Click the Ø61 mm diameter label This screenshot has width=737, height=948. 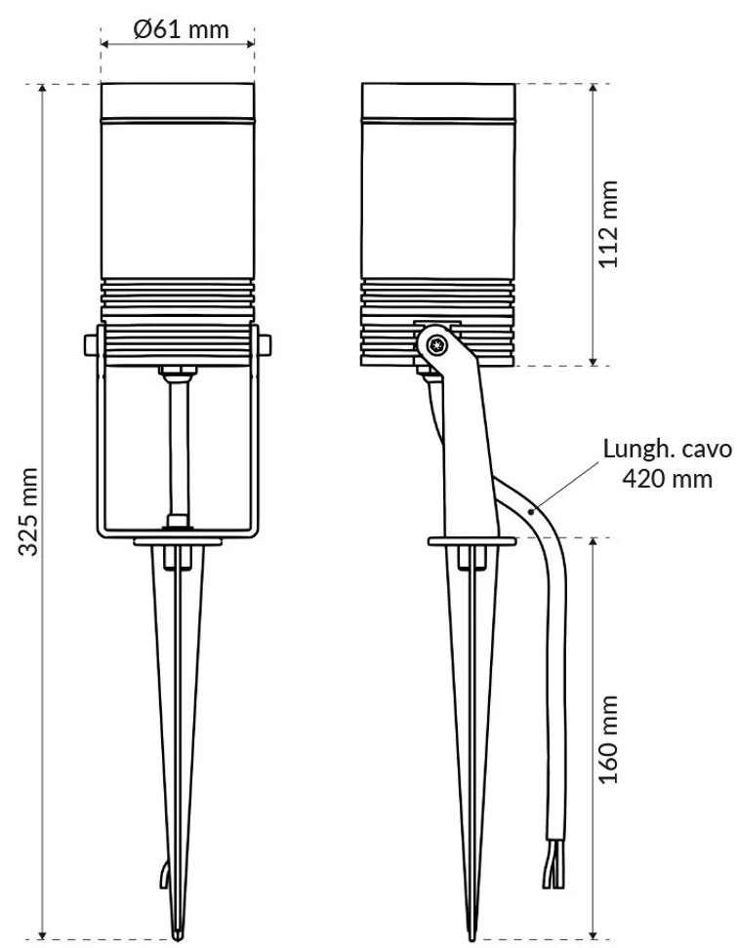coord(181,29)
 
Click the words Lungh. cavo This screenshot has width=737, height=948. coord(666,450)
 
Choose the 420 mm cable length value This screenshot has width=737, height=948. coord(666,479)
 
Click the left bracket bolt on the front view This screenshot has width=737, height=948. coord(90,343)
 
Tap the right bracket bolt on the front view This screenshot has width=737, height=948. coord(265,343)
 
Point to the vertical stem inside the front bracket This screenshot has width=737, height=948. coord(178,444)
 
